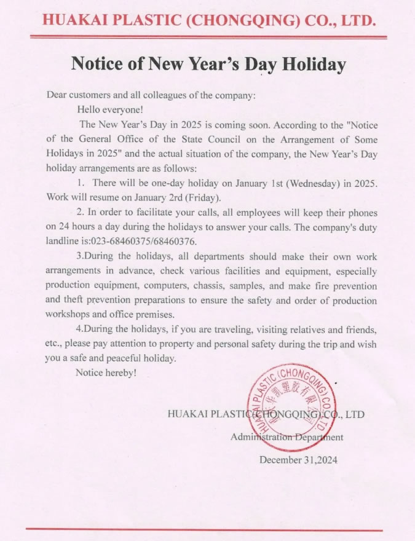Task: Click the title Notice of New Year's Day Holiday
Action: click(x=208, y=64)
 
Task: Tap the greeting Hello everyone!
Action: click(x=110, y=109)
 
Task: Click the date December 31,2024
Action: click(x=298, y=459)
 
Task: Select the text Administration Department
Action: click(x=287, y=437)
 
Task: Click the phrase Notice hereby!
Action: click(x=106, y=373)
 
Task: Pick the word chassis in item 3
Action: click(x=204, y=285)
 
